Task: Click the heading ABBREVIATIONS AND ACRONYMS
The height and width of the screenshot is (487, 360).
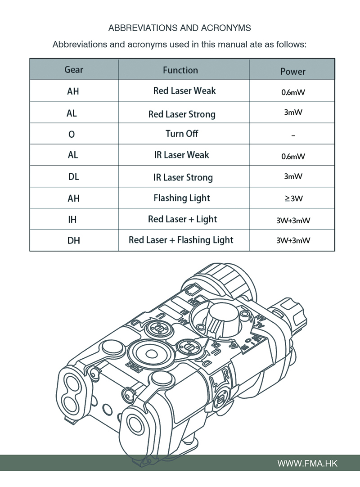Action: pyautogui.click(x=180, y=28)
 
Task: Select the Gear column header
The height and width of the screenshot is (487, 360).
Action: pyautogui.click(x=74, y=70)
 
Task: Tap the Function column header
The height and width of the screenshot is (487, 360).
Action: pyautogui.click(x=180, y=70)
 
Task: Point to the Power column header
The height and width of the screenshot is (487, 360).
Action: pyautogui.click(x=292, y=71)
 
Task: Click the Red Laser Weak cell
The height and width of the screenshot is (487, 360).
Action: pyautogui.click(x=184, y=90)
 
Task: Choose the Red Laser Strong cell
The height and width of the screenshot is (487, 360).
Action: pyautogui.click(x=182, y=114)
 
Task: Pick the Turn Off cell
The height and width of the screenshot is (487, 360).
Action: pyautogui.click(x=182, y=134)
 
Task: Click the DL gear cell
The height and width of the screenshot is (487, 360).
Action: pyautogui.click(x=74, y=177)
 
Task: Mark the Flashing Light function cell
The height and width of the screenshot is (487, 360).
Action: pyautogui.click(x=182, y=198)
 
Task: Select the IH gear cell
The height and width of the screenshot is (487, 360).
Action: pyautogui.click(x=73, y=220)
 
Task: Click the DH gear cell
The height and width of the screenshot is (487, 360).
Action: pyautogui.click(x=73, y=241)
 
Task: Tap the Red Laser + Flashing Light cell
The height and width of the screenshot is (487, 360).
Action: pyautogui.click(x=181, y=240)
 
